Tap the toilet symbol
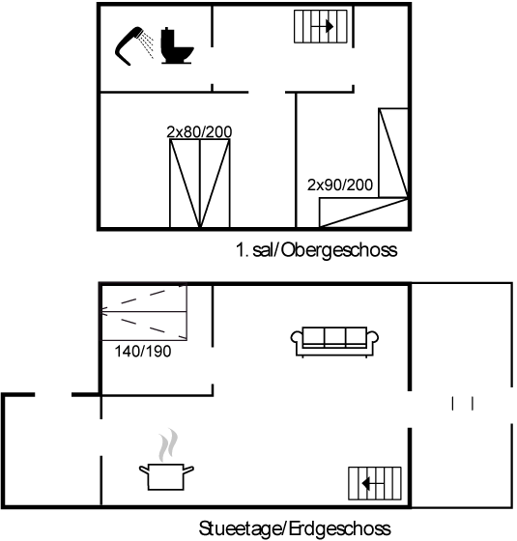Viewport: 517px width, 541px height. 176,45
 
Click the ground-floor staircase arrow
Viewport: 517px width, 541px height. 373,483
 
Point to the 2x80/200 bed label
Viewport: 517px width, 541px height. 199,131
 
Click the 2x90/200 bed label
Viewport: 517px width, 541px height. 340,185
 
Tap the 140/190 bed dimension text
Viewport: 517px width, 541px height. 143,352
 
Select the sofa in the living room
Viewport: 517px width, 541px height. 334,342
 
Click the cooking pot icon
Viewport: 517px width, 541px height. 166,477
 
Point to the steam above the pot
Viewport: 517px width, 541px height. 168,445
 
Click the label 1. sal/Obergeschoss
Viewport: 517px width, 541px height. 317,249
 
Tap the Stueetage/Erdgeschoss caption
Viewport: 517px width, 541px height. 295,528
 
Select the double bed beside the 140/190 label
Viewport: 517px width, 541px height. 144,312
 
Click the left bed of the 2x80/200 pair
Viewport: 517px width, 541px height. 185,184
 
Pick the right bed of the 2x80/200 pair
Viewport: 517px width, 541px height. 215,184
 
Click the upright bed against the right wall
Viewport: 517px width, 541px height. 393,153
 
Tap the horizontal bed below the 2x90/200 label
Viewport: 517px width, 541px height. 363,213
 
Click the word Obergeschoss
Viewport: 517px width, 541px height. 339,250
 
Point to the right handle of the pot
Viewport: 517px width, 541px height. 188,470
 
